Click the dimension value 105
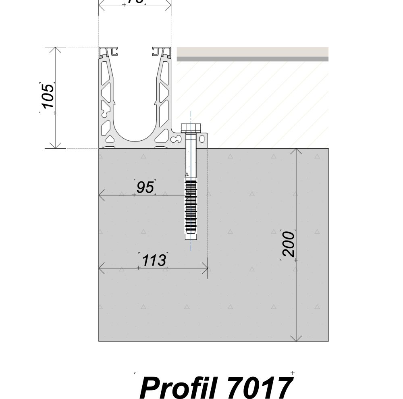point(48,96)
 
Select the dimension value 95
point(145,187)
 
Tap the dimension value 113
point(154,261)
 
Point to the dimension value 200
point(289,244)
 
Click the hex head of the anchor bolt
point(191,128)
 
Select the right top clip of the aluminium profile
point(162,51)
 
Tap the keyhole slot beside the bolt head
point(176,139)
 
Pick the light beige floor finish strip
point(253,52)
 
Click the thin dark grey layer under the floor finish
point(253,59)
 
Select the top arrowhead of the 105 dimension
point(55,50)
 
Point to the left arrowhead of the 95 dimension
point(102,195)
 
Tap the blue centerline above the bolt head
point(191,118)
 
